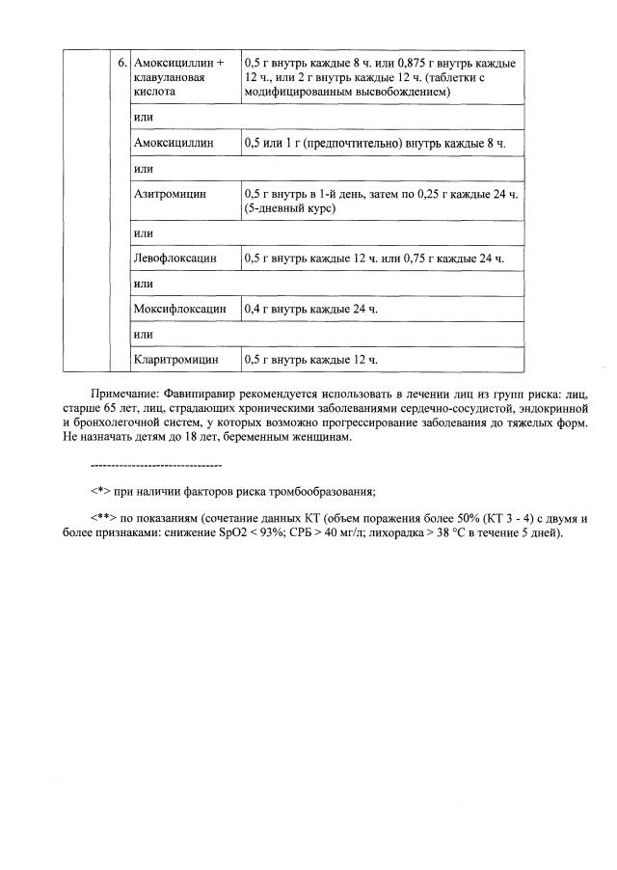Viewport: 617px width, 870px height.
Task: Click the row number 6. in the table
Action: coord(121,63)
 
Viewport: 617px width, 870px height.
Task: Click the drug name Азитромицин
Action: coord(170,194)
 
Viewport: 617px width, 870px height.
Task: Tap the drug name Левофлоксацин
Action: coord(174,258)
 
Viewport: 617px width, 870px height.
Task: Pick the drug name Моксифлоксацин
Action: coord(179,309)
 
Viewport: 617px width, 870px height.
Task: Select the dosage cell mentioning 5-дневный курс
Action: coord(382,201)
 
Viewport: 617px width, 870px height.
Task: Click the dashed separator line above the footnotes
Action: coord(154,464)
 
